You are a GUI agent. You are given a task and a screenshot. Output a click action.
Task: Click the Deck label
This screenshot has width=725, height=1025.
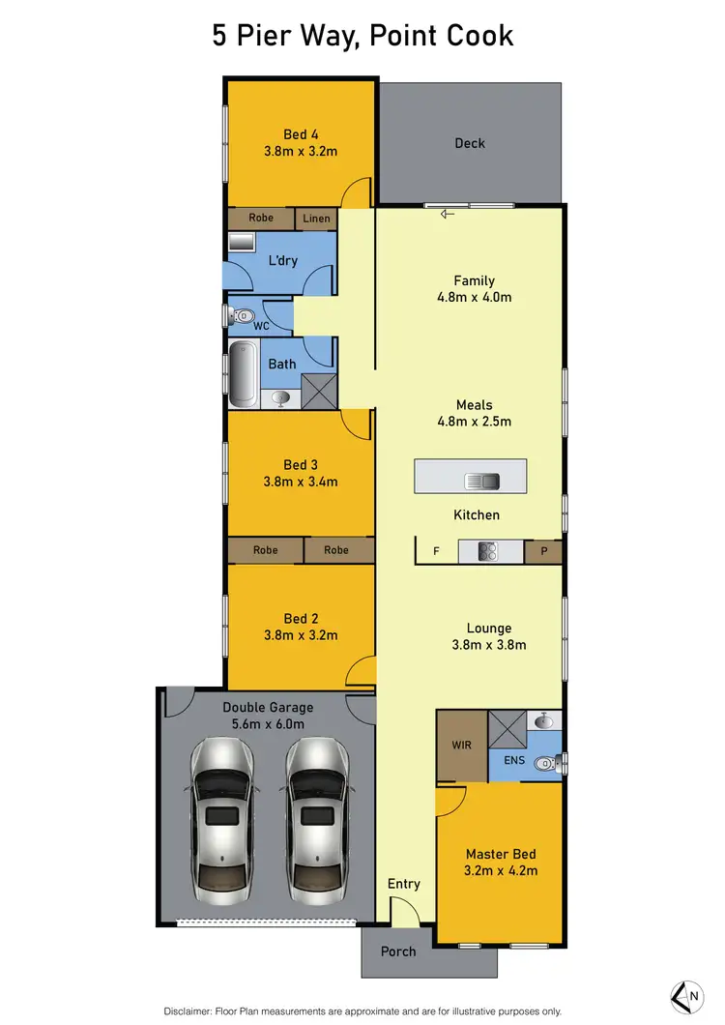pos(470,143)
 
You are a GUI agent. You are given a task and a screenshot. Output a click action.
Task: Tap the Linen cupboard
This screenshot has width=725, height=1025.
pos(316,219)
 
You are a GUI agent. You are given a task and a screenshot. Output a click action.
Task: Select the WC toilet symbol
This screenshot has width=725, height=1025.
pos(243,314)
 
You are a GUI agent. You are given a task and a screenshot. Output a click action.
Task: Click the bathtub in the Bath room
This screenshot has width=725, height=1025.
pos(243,378)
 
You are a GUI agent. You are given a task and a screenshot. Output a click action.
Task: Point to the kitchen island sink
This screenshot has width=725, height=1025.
pos(480,481)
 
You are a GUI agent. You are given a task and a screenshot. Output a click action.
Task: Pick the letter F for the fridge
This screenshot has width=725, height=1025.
pos(436,551)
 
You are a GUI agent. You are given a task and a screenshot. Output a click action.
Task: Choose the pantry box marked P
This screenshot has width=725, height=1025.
pos(543,551)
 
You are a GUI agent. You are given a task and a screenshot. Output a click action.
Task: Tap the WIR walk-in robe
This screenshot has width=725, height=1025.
pos(461,746)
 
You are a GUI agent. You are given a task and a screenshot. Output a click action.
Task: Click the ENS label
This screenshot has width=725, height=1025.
pos(514,761)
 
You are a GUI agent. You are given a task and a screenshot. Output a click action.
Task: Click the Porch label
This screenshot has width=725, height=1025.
pos(398,952)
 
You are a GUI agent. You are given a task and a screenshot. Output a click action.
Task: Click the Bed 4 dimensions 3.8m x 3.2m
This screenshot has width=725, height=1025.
pos(301,151)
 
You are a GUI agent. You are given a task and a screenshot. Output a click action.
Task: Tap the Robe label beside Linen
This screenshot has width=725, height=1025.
pos(261,219)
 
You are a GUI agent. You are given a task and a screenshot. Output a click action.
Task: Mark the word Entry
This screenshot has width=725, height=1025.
pos(404,884)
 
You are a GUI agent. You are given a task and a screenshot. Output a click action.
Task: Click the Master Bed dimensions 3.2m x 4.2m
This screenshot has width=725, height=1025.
pos(501,870)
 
